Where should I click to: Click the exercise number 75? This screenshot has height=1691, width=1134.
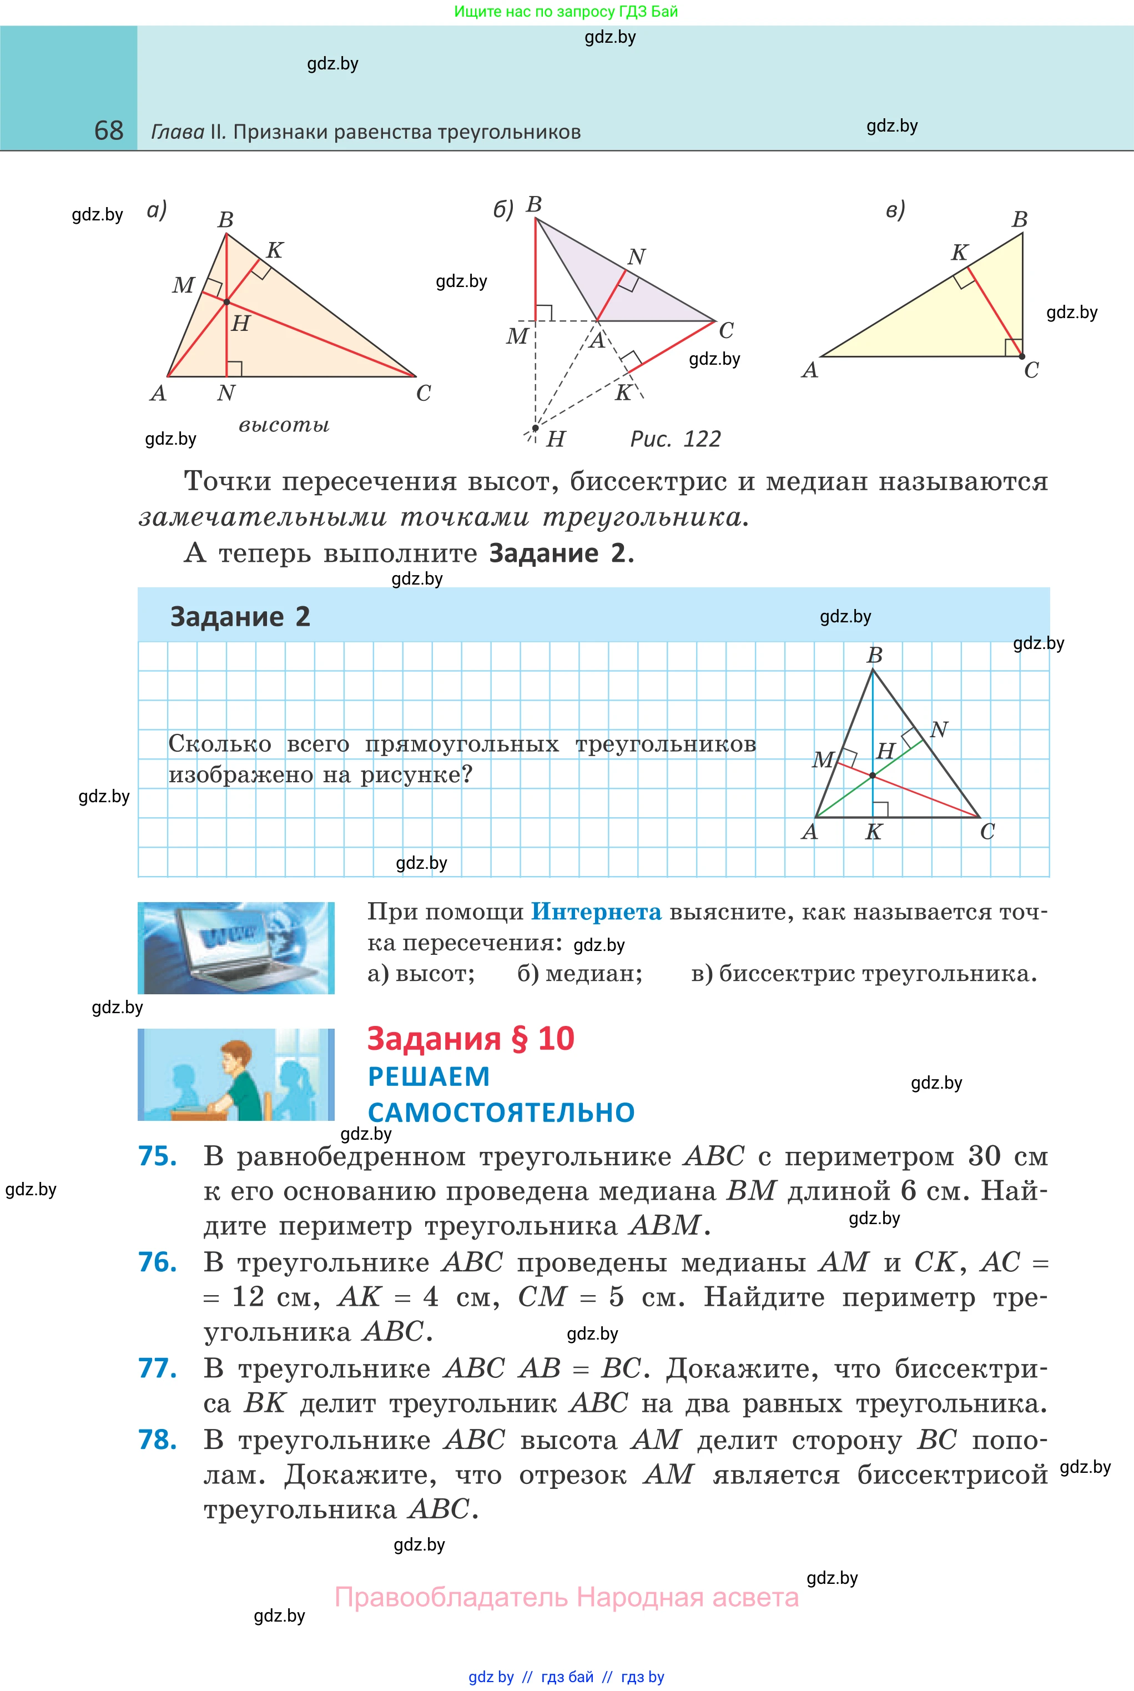(158, 1156)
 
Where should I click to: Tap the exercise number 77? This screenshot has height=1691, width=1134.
(158, 1369)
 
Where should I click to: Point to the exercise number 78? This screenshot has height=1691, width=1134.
(158, 1440)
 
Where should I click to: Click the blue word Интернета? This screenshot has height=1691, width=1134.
(596, 912)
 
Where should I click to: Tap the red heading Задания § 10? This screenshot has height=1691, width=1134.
(470, 1039)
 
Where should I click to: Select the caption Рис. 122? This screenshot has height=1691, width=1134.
(676, 439)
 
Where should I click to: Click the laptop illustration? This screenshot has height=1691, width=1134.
(236, 948)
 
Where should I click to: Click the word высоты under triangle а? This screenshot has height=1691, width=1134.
(284, 425)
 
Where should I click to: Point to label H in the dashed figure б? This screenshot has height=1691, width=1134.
(556, 439)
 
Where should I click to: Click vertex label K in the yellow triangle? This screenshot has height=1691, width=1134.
(959, 253)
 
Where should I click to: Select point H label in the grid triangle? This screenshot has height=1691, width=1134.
(885, 752)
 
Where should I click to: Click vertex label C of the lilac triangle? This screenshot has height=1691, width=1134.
(726, 330)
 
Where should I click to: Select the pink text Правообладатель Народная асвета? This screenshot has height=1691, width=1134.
(566, 1597)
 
